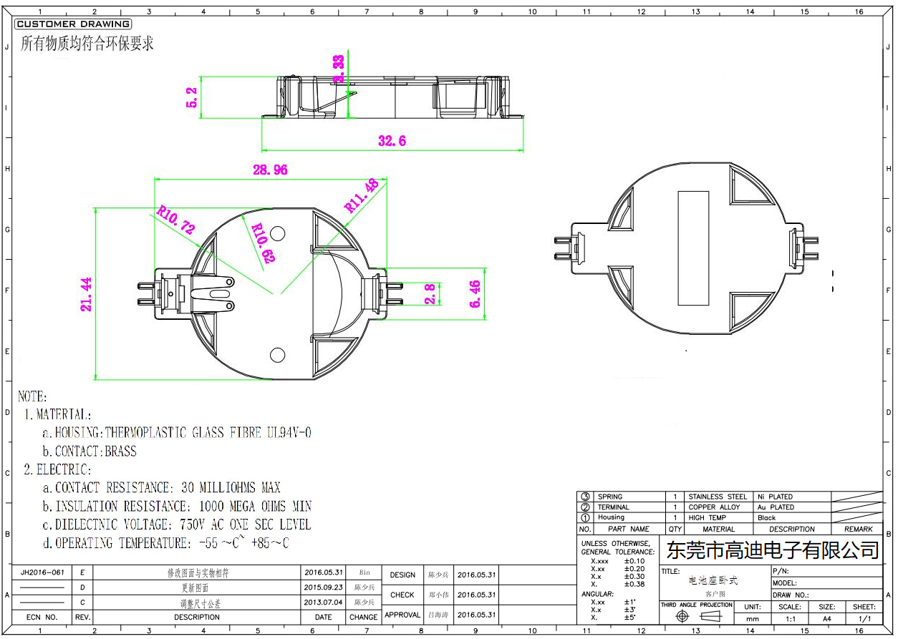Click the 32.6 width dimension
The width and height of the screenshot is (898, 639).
pos(392,142)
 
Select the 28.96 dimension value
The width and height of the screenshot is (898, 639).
pos(270,170)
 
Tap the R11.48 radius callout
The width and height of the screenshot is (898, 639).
pos(362,195)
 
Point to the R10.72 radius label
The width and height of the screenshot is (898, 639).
pos(175,220)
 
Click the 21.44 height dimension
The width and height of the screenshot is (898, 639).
pos(87,294)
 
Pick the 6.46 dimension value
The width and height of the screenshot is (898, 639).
pos(473,294)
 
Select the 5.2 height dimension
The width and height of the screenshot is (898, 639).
pos(191,97)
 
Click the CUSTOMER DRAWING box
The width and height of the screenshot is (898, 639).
pos(73,24)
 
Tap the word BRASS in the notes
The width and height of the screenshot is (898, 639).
pos(120,452)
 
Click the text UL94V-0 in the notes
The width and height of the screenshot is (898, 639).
pos(289,433)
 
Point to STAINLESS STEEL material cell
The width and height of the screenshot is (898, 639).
pos(717,497)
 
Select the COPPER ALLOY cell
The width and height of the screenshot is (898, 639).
pos(714,507)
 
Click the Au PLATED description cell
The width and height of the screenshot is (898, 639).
pos(776,507)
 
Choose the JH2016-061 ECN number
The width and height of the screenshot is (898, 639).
pos(43,573)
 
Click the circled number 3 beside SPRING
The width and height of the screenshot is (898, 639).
pos(585,497)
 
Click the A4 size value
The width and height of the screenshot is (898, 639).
pos(826,618)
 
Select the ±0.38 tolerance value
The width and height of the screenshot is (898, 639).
pos(634,584)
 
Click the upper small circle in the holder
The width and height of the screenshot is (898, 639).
pos(278,233)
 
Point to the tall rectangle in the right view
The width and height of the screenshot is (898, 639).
pos(692,248)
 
